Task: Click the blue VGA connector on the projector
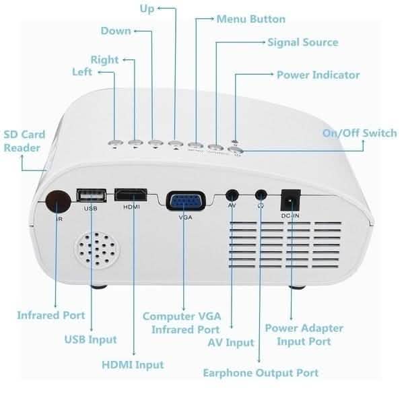[182, 201]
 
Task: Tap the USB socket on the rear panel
[91, 196]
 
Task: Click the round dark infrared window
[57, 200]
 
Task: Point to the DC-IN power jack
[290, 200]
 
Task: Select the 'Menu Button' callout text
[250, 19]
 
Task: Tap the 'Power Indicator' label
[318, 75]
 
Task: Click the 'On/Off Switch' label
[359, 133]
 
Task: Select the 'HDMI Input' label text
[133, 364]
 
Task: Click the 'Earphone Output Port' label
[261, 372]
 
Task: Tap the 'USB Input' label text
[90, 339]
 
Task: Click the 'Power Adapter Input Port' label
[304, 335]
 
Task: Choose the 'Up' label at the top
[146, 8]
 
